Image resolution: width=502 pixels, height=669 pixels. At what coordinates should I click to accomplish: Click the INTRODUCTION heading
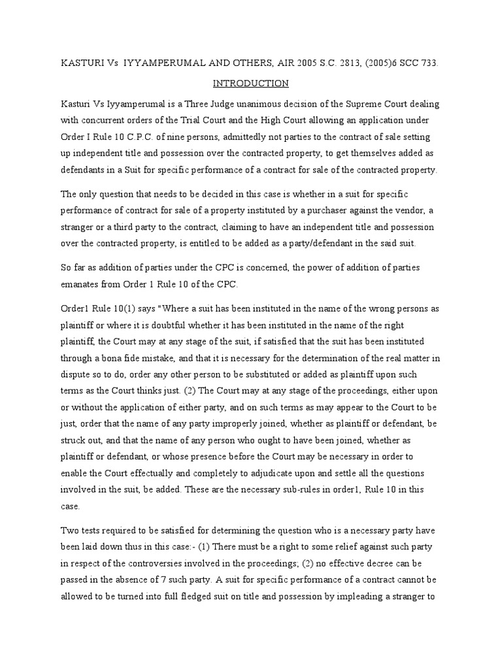point(251,84)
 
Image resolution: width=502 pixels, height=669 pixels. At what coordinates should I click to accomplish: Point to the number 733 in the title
point(429,64)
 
